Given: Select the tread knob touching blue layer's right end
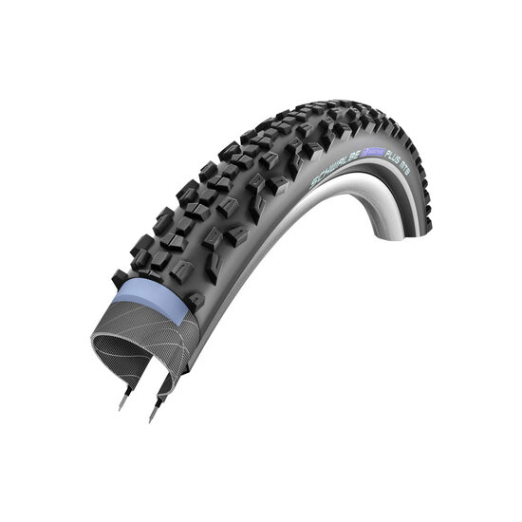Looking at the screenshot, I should point(195,300).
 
